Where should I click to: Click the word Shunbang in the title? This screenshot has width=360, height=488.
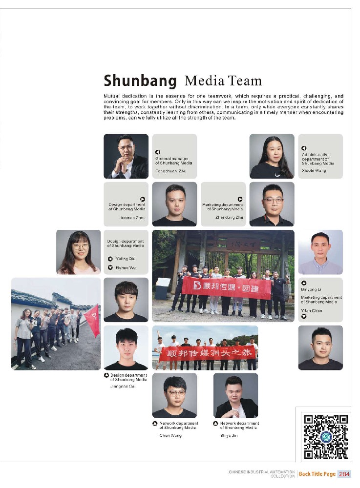(x=140, y=81)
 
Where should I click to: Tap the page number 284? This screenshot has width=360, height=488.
(x=344, y=474)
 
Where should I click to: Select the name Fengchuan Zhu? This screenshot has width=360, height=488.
(x=171, y=171)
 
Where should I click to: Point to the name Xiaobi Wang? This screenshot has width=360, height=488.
(x=314, y=171)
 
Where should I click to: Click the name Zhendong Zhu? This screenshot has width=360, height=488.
(x=229, y=217)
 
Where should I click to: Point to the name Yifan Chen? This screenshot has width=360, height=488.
(x=312, y=310)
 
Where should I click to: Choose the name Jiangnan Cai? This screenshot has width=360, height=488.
(x=123, y=386)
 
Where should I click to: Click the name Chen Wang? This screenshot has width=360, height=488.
(x=170, y=435)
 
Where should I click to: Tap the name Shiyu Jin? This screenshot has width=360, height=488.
(x=229, y=435)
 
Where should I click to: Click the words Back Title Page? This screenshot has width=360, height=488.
(x=317, y=474)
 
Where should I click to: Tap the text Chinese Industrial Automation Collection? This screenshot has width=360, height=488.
(x=261, y=474)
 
